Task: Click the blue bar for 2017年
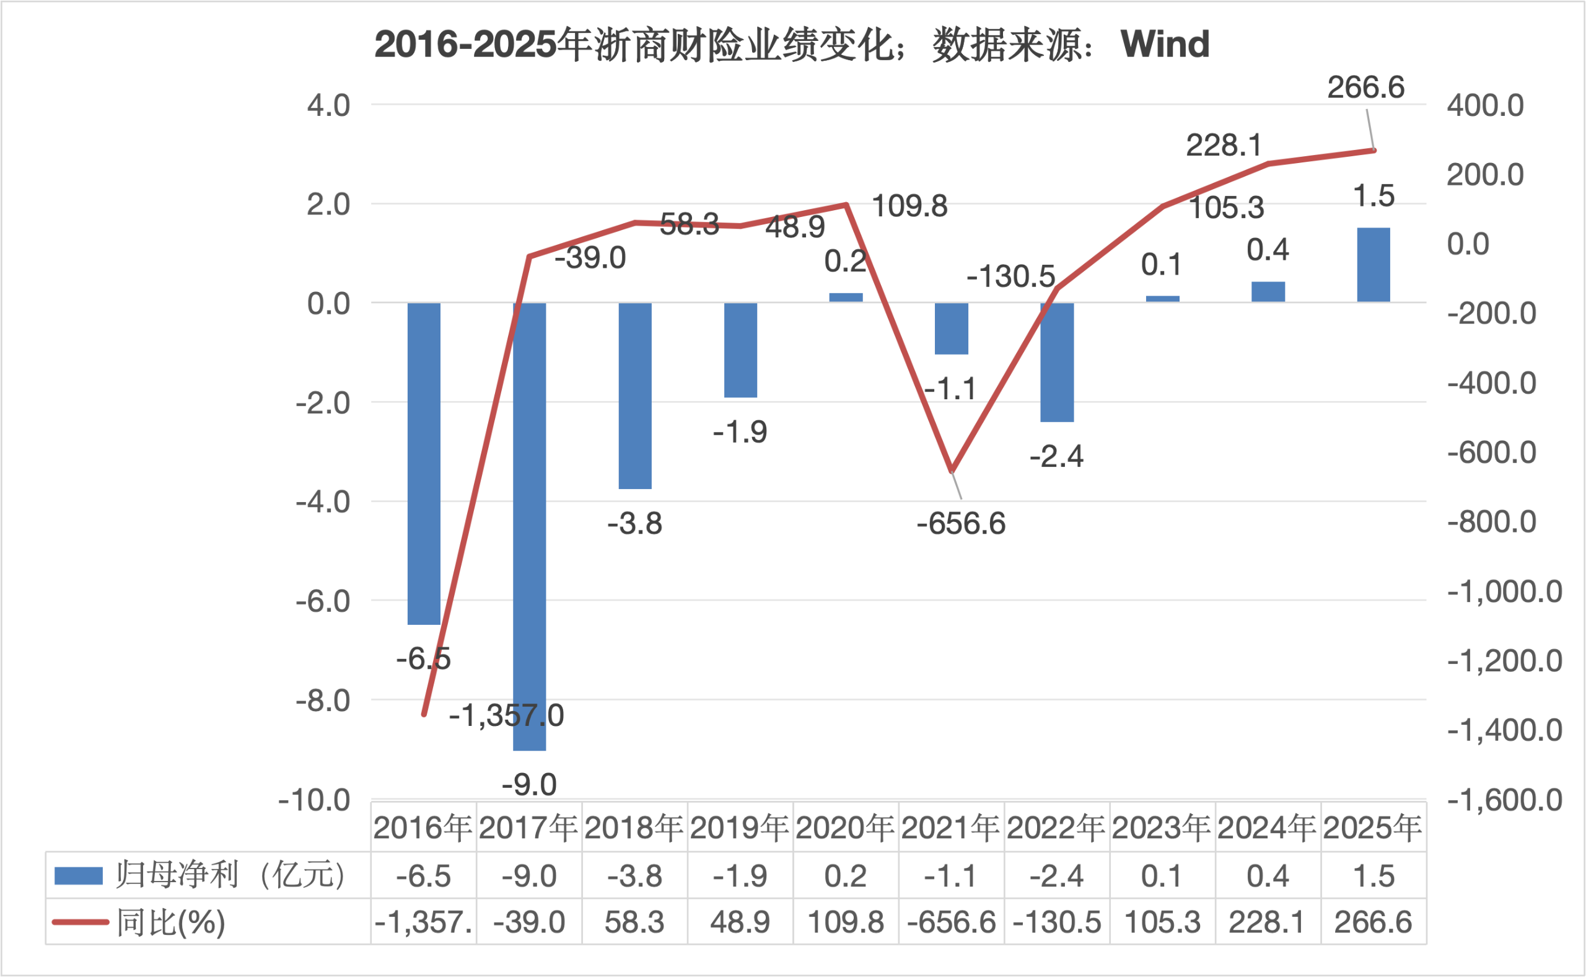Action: (530, 526)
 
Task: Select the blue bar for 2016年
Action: (424, 463)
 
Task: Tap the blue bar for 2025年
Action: (1374, 265)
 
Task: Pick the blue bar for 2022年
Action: (1057, 362)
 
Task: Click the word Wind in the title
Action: (1165, 44)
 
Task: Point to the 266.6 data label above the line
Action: (1366, 87)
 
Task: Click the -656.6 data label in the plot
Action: (961, 523)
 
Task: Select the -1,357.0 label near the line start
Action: (506, 715)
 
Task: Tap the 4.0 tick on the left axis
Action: (328, 105)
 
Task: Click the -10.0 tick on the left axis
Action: (315, 800)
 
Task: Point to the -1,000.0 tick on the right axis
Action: (1505, 591)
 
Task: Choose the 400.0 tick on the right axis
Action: (1485, 105)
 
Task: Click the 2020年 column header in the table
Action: (845, 828)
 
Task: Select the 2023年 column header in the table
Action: (1162, 828)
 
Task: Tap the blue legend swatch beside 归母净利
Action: (78, 875)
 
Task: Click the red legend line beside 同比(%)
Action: (80, 922)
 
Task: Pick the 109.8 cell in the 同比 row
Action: (845, 922)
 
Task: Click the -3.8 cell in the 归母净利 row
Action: (635, 876)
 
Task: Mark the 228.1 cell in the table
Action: (1267, 922)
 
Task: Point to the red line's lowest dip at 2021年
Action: (951, 471)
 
